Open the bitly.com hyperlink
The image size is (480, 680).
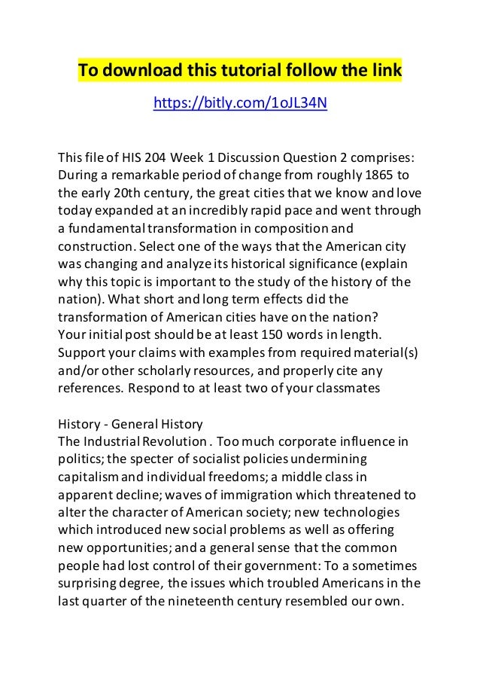(x=240, y=102)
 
